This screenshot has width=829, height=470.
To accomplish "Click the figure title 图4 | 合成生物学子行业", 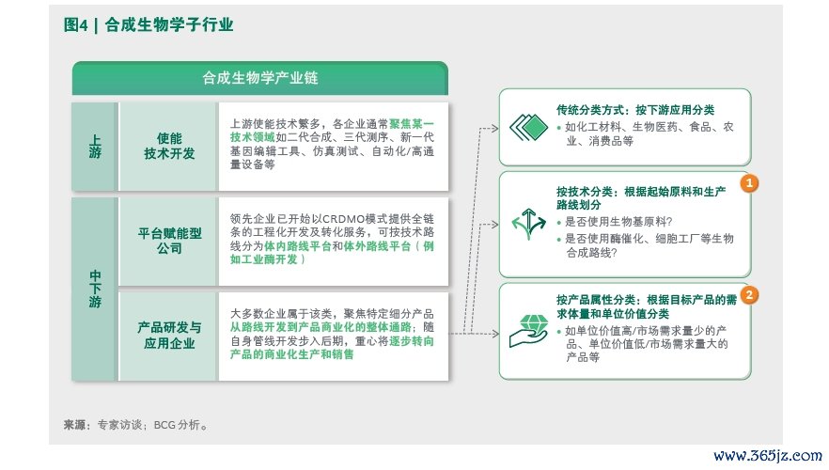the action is point(149,24).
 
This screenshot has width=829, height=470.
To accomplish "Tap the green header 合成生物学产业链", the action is point(260,78).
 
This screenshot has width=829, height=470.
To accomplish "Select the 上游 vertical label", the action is point(95,147).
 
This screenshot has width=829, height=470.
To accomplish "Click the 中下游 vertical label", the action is point(95,289).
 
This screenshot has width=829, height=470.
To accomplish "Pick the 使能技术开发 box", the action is point(169,147).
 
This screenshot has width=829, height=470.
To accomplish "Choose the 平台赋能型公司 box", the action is point(169,241).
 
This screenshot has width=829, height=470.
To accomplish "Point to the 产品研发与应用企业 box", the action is point(169,336).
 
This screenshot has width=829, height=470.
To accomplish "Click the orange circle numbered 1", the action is point(749,183).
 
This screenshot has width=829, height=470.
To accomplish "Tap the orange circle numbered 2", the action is point(749,295).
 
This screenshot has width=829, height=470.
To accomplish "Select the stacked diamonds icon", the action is point(528,128).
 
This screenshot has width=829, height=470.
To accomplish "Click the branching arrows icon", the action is point(528,224).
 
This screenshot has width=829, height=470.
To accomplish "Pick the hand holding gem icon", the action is point(528,332).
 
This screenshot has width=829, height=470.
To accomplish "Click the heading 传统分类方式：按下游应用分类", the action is point(635,110).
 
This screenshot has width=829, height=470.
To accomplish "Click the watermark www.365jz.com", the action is point(768,456).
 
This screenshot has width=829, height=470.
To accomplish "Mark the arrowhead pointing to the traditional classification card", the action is point(494,128).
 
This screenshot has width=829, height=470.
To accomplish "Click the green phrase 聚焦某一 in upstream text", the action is point(412,124).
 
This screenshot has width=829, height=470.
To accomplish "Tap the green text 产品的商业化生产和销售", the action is point(291,354).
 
